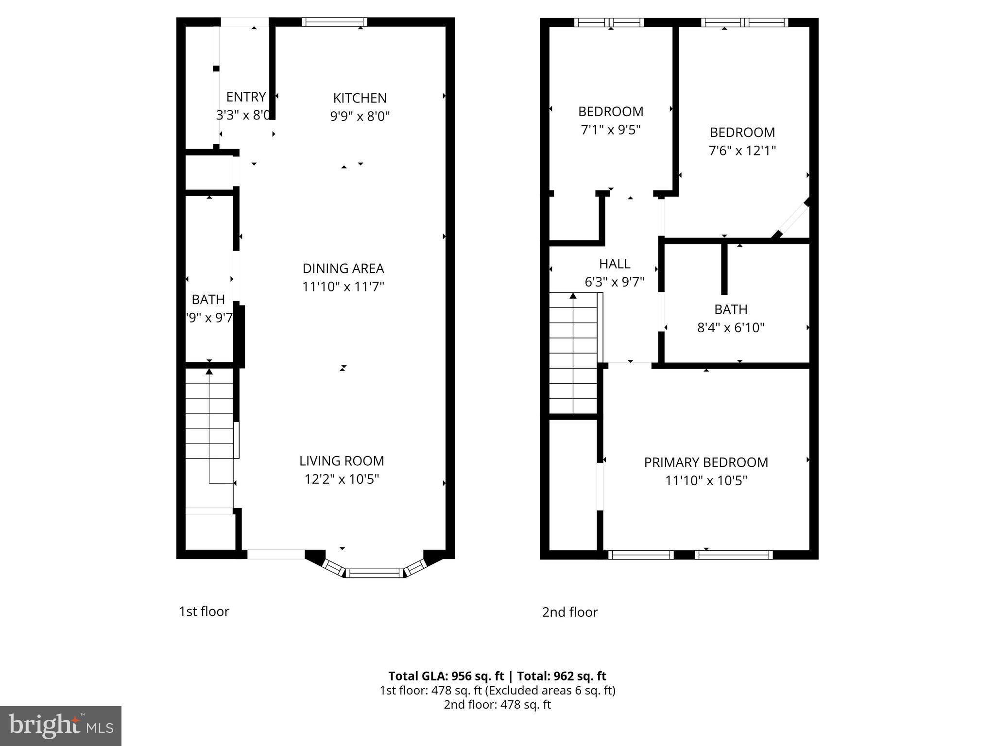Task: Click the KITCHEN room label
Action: click(x=360, y=98)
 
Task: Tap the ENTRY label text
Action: click(x=246, y=97)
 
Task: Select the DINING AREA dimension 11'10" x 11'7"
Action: click(x=343, y=287)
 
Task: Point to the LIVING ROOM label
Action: click(x=342, y=461)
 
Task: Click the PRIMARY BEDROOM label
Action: click(x=706, y=462)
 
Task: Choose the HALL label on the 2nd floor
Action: click(x=615, y=264)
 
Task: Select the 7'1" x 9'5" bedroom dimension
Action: click(x=611, y=130)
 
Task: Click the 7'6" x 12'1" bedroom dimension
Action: click(x=742, y=151)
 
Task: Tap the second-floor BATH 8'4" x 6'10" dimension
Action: click(x=731, y=328)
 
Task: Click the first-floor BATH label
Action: click(x=208, y=300)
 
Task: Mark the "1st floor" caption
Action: click(x=204, y=611)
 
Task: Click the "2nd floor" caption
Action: click(x=570, y=612)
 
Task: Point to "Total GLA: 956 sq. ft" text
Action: click(x=446, y=676)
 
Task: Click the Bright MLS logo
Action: click(x=61, y=726)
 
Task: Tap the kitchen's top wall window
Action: click(x=334, y=22)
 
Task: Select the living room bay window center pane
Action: click(x=374, y=573)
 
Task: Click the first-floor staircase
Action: click(x=209, y=427)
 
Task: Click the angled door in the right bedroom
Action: click(x=791, y=219)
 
